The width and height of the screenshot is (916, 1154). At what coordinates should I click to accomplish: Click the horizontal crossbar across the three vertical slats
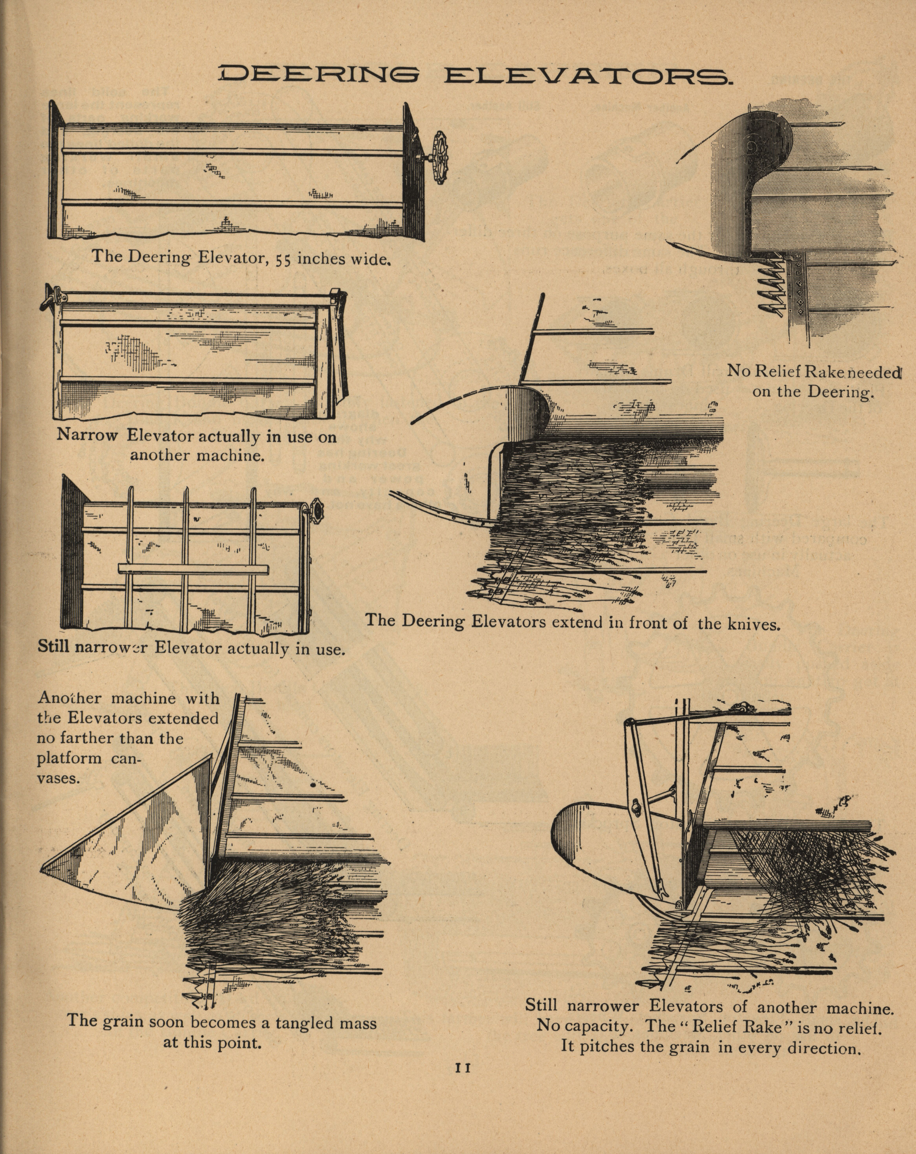193,568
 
